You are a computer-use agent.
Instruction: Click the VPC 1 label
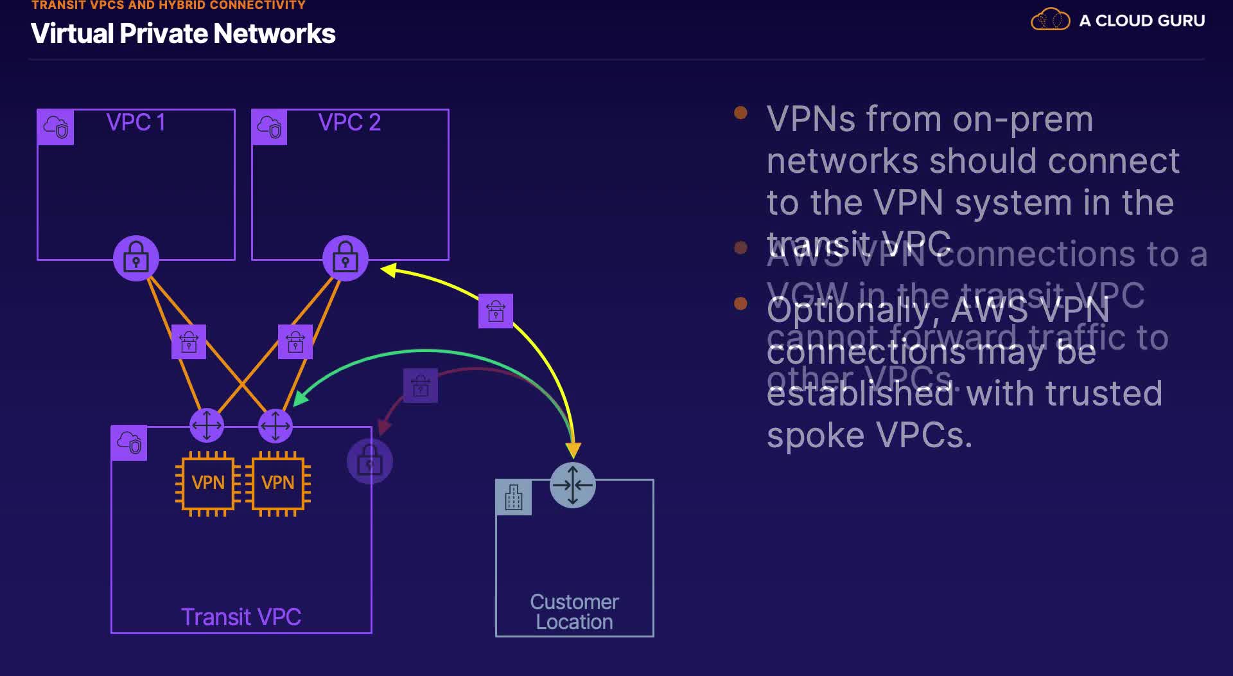pyautogui.click(x=136, y=122)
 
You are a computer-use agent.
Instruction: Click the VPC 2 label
pyautogui.click(x=349, y=122)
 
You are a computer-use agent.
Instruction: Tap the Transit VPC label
pyautogui.click(x=241, y=617)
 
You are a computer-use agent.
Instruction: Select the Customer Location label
pyautogui.click(x=574, y=612)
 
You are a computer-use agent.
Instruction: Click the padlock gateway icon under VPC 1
pyautogui.click(x=136, y=258)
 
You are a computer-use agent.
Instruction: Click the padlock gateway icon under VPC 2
pyautogui.click(x=345, y=258)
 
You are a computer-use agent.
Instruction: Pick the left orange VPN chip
pyautogui.click(x=207, y=483)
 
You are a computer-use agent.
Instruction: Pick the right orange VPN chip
pyautogui.click(x=277, y=483)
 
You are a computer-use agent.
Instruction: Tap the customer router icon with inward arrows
pyautogui.click(x=573, y=485)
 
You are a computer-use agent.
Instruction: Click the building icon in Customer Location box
pyautogui.click(x=514, y=497)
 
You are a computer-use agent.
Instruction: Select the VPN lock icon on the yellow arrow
pyautogui.click(x=496, y=311)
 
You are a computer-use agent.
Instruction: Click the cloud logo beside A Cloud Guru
pyautogui.click(x=1050, y=20)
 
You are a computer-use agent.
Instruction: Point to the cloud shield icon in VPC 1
pyautogui.click(x=56, y=127)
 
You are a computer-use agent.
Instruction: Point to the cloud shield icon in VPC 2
pyautogui.click(x=270, y=127)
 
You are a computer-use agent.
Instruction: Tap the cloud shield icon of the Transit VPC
pyautogui.click(x=129, y=443)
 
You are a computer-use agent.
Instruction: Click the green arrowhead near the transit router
pyautogui.click(x=300, y=398)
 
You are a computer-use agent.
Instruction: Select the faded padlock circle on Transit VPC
pyautogui.click(x=369, y=461)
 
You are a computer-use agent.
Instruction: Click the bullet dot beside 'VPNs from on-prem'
pyautogui.click(x=740, y=113)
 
